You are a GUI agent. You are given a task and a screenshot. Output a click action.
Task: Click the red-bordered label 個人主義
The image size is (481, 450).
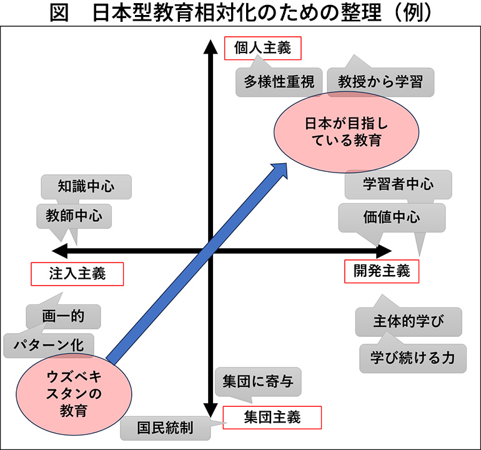(262, 48)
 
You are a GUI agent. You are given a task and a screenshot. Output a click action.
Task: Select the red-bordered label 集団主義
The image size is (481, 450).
(272, 417)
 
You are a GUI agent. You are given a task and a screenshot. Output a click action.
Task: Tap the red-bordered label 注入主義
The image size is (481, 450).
(77, 273)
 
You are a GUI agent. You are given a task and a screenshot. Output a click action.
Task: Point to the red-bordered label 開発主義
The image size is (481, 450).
(381, 271)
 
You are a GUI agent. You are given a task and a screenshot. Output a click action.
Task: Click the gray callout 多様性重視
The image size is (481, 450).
(279, 82)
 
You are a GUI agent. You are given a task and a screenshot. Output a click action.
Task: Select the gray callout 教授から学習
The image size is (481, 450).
(380, 82)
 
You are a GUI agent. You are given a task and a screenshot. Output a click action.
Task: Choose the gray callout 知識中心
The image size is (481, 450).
(86, 186)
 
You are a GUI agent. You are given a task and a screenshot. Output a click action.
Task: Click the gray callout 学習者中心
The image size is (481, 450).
(398, 184)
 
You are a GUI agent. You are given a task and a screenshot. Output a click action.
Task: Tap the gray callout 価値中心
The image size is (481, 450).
(392, 217)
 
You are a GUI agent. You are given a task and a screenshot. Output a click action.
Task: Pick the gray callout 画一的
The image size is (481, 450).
(63, 316)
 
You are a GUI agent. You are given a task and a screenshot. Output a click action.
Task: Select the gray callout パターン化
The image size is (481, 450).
(48, 344)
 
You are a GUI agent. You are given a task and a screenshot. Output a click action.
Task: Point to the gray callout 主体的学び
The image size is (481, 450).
(409, 322)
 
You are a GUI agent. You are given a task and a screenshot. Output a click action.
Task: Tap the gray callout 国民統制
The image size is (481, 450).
(166, 429)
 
